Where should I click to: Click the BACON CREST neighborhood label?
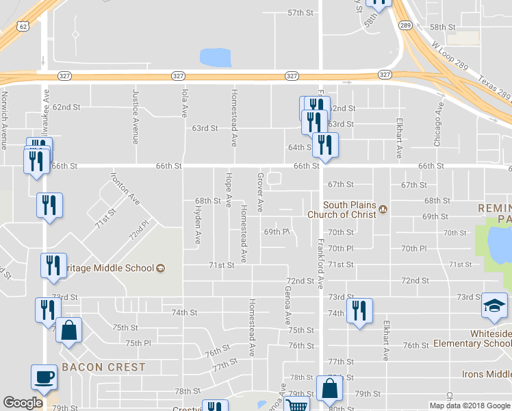coord(103,367)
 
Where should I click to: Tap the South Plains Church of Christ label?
coord(349,210)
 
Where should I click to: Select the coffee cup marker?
coord(44,377)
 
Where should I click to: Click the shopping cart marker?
coord(296,405)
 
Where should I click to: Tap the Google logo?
coord(23,403)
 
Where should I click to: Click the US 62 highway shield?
coord(23,26)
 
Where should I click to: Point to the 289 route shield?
coord(405,25)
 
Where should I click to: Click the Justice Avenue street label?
coord(136,117)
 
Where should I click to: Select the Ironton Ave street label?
coord(125,188)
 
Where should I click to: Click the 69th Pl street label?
coord(277,232)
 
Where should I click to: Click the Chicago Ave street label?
coord(438,124)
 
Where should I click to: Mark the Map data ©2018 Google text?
coord(469,406)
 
